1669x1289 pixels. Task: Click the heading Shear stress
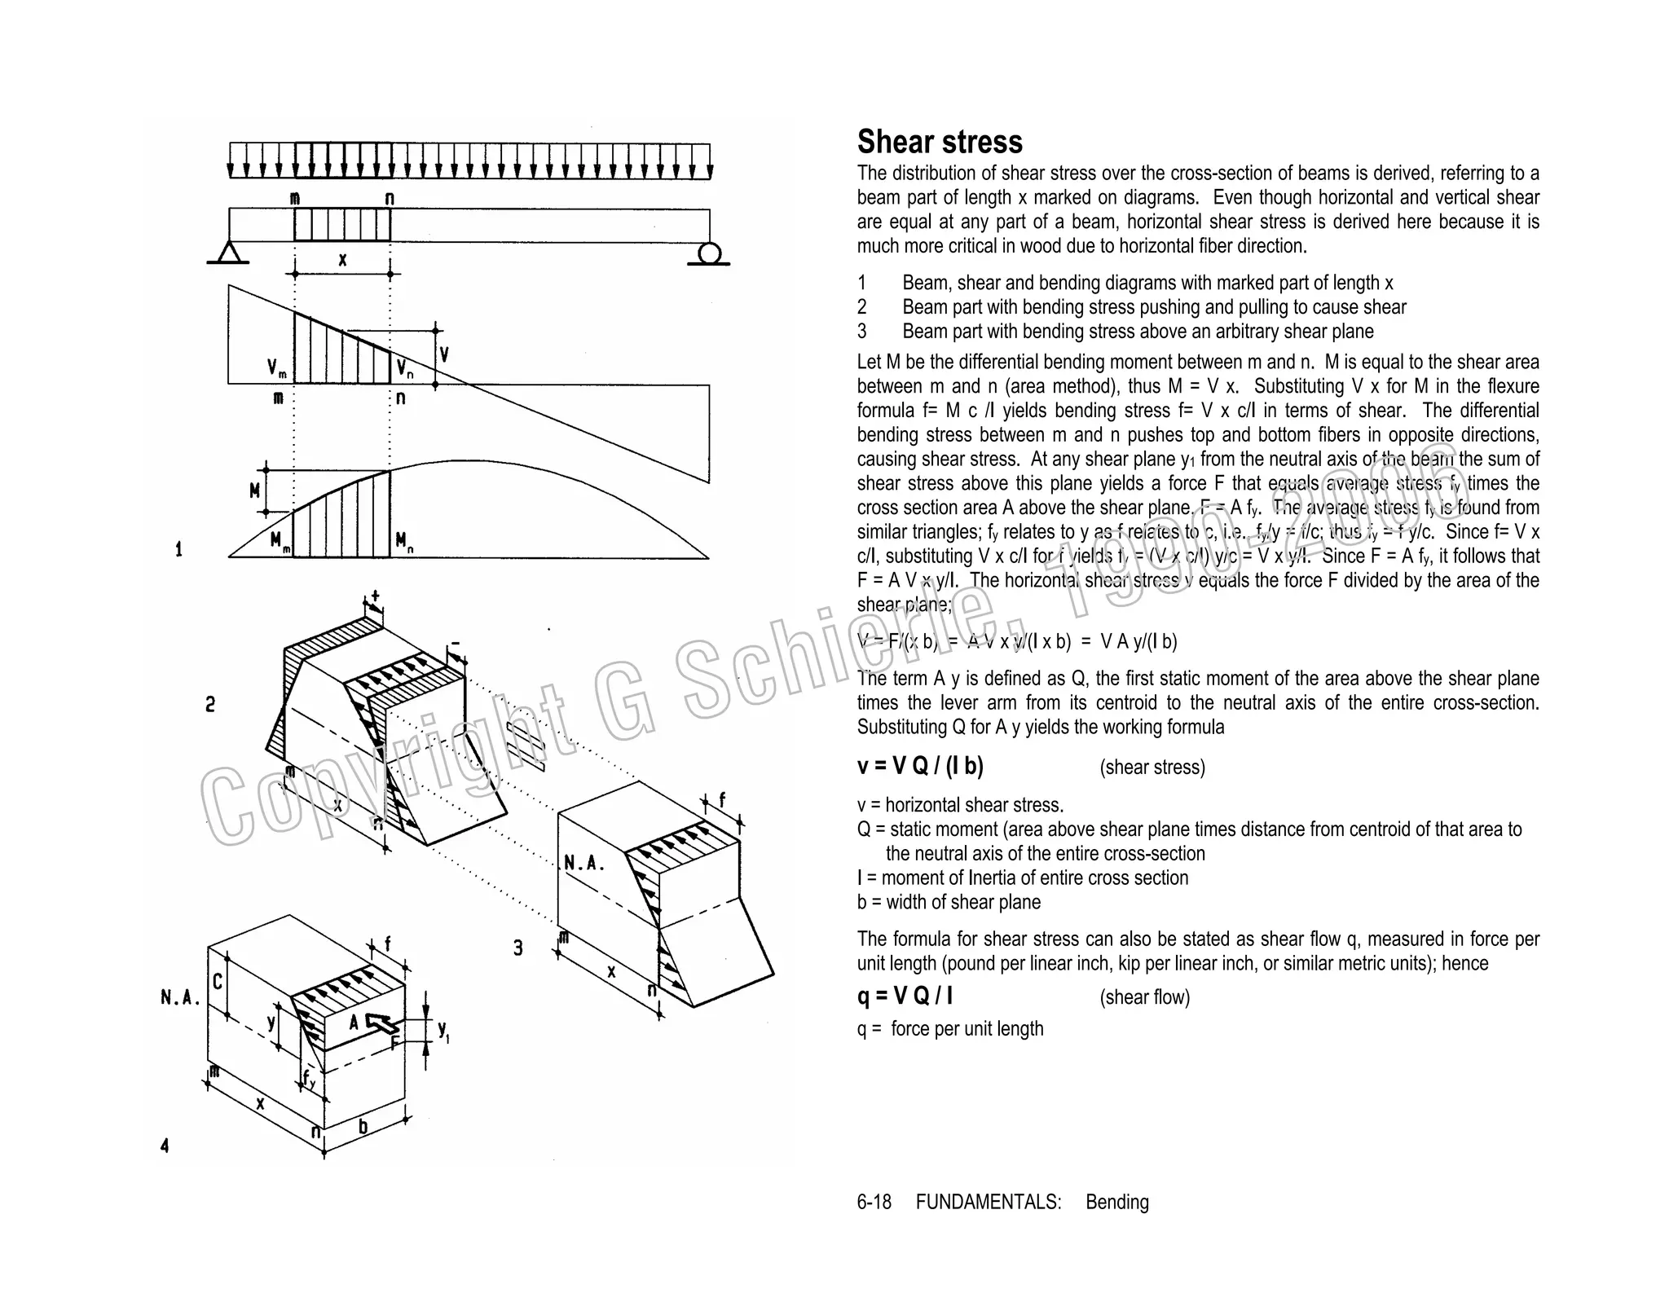[939, 142]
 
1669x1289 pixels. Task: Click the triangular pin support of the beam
[228, 253]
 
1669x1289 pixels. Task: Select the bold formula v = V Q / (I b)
[920, 766]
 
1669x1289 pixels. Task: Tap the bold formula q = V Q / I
[905, 996]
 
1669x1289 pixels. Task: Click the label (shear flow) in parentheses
[1144, 997]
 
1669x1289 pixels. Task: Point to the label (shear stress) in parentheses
[1152, 768]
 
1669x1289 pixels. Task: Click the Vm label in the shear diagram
[276, 369]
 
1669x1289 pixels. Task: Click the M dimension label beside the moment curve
[255, 491]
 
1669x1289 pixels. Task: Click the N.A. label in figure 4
[180, 997]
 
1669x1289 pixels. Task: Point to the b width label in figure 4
[363, 1127]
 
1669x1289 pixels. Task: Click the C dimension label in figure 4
[218, 982]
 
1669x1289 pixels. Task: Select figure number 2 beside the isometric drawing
[210, 705]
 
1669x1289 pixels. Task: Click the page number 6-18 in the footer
[874, 1202]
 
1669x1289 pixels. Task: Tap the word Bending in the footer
[1116, 1202]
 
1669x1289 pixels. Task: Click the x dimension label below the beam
[342, 260]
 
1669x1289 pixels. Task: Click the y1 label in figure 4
[443, 1030]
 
